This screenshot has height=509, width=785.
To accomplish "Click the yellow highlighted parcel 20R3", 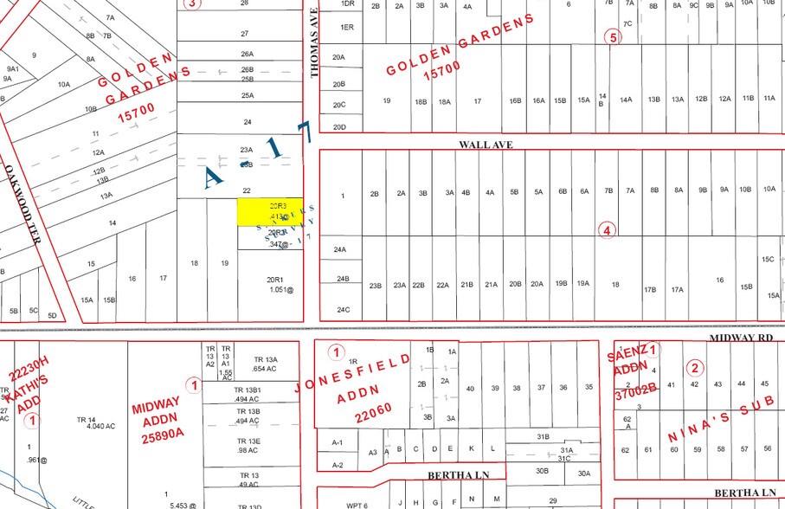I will tap(270, 212).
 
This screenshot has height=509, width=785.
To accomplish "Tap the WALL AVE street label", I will tap(486, 145).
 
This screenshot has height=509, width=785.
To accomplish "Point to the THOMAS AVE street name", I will tap(315, 43).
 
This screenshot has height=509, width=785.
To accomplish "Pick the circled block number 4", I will tap(608, 230).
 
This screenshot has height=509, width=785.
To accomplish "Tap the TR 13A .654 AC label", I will tap(264, 364).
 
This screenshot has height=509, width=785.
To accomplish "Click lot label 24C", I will tap(343, 309).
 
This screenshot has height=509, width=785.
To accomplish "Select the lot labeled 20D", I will tap(339, 126).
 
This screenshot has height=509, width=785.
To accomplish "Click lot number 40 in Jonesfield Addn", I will tap(469, 388).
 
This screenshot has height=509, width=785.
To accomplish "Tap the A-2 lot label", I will tap(338, 465).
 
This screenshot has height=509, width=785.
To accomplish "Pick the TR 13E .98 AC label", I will tap(249, 446).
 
